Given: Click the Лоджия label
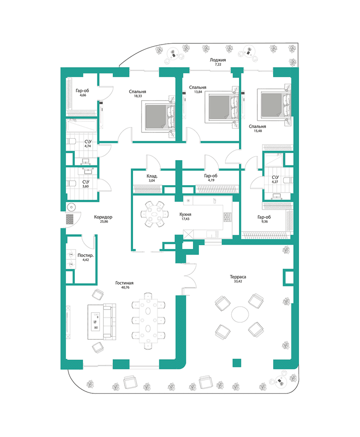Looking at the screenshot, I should pyautogui.click(x=217, y=59).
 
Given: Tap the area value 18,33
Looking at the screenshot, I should pyautogui.click(x=138, y=96).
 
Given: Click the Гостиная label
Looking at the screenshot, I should pyautogui.click(x=124, y=283).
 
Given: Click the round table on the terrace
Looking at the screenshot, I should pyautogui.click(x=239, y=315).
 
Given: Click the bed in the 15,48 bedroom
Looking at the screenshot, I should pyautogui.click(x=276, y=104).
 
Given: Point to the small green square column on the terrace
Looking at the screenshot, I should pyautogui.click(x=235, y=363).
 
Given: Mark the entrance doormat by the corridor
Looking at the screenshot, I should pyautogui.click(x=70, y=219).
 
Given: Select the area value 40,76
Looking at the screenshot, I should pyautogui.click(x=124, y=289).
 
